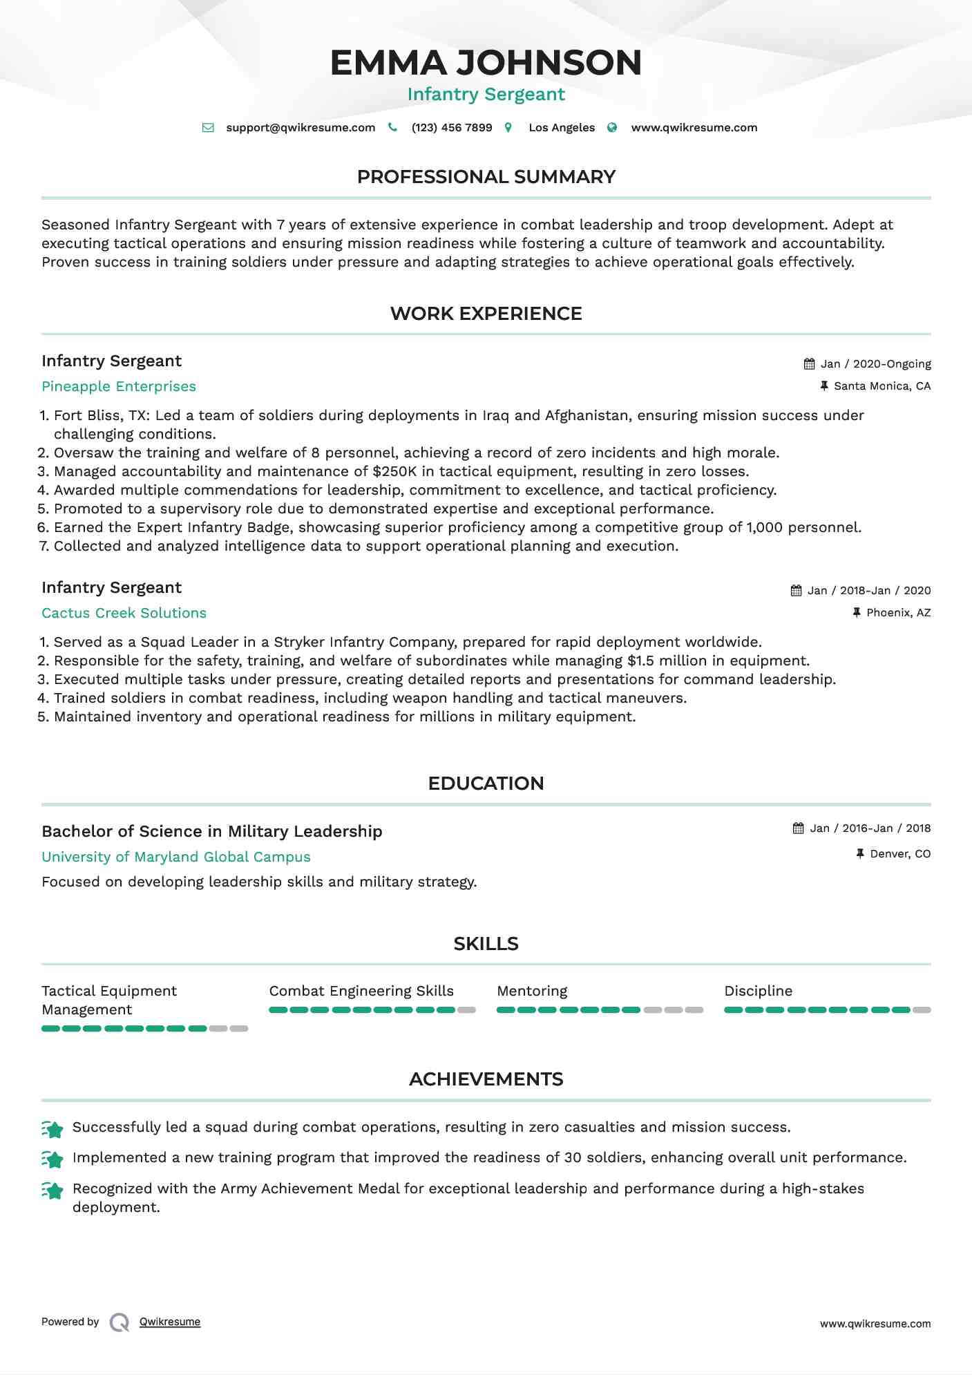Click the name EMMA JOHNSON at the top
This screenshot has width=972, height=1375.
pos(486,62)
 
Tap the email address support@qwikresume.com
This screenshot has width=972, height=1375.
pos(301,128)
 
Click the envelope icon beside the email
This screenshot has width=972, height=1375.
pos(208,128)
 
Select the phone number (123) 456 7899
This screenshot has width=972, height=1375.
pos(452,128)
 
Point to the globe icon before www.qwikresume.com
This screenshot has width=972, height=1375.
pos(612,128)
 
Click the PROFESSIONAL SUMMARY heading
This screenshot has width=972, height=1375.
pos(486,177)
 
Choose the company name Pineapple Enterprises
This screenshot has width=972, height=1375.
pos(119,386)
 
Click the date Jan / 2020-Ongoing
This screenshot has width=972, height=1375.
pos(875,364)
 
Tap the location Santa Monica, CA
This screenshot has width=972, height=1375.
pos(882,386)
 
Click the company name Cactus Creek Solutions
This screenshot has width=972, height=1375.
pos(124,613)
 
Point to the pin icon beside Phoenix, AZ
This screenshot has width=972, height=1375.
pos(857,613)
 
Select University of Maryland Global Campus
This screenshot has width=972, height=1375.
pos(176,857)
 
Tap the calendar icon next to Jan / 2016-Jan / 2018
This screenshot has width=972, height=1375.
pos(799,828)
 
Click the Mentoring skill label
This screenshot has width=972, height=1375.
pos(532,991)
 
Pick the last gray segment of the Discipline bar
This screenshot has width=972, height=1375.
pos(922,1010)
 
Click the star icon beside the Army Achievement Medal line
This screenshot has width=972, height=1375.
pos(53,1190)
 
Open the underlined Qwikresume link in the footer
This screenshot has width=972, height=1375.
pos(170,1322)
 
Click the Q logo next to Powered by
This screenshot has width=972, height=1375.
pos(120,1322)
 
